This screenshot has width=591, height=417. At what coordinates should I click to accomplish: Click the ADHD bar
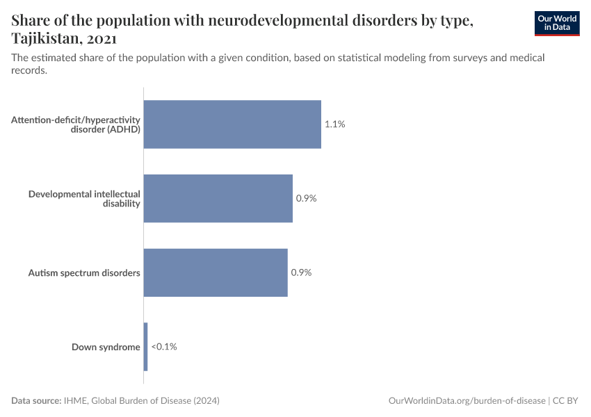point(232,124)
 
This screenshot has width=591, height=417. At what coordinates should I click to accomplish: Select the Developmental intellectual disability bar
point(218,198)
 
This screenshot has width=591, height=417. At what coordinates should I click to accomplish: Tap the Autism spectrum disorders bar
point(216,272)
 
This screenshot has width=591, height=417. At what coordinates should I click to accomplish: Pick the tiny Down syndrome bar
point(146,346)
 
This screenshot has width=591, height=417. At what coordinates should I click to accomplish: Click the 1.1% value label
point(334,124)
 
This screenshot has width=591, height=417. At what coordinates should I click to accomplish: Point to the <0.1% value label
point(164,346)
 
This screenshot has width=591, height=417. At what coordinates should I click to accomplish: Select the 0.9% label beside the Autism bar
point(301,272)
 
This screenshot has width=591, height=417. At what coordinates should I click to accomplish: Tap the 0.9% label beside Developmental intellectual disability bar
point(306,198)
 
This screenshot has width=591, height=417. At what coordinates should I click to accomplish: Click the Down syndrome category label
point(106,347)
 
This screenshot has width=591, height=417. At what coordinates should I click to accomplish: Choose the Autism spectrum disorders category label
point(84,272)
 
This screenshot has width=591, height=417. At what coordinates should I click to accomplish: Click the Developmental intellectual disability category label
point(84,198)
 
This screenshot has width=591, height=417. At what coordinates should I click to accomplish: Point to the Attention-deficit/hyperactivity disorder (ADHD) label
point(76,124)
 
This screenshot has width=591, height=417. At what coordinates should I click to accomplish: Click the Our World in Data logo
point(556,23)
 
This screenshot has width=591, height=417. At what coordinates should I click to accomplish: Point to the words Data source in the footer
point(36,401)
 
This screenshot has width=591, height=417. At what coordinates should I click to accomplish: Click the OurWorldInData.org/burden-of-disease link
point(467,401)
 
